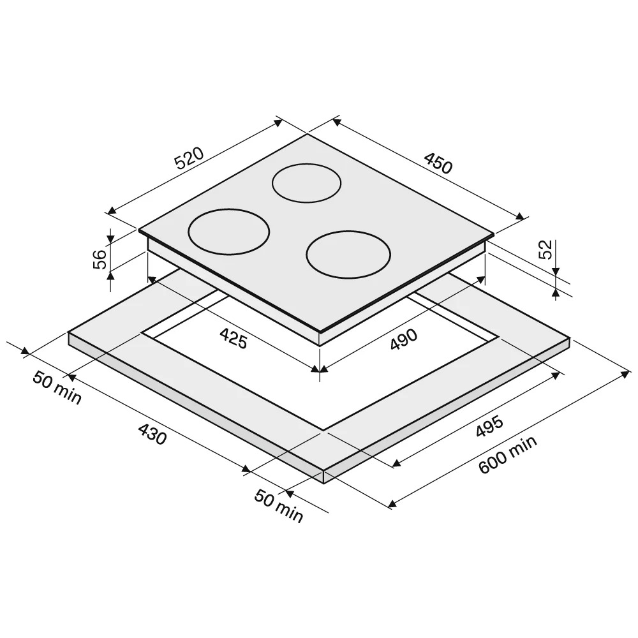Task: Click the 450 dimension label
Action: tap(438, 162)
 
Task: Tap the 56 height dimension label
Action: tap(100, 259)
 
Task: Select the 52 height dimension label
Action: tap(545, 249)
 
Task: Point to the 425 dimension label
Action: tap(234, 339)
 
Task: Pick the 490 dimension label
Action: tap(404, 339)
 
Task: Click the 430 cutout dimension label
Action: tap(152, 434)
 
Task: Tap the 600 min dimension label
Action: tap(507, 454)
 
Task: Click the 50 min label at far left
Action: tap(57, 388)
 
